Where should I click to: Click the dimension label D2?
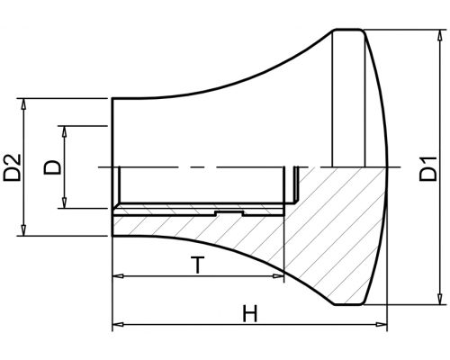(12, 167)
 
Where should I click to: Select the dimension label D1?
(427, 168)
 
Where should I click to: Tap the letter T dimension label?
(197, 265)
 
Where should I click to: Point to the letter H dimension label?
(250, 313)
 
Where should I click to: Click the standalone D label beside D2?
(52, 167)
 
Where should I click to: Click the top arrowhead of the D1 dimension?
(440, 35)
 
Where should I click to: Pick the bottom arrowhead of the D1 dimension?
(440, 299)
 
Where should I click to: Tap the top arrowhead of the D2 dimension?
(23, 103)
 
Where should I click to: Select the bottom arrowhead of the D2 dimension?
(23, 230)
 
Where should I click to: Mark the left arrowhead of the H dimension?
(118, 324)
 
